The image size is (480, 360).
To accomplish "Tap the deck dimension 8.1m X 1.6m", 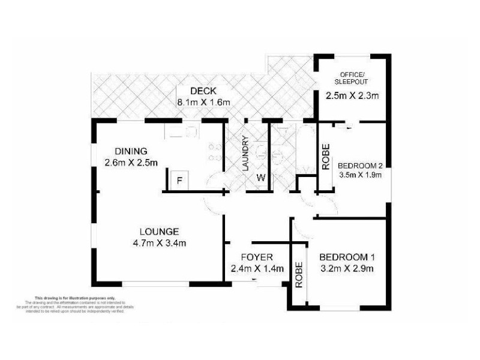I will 203,103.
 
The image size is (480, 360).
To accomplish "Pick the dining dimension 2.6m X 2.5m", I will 131,162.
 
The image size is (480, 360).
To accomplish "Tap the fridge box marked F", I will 178,179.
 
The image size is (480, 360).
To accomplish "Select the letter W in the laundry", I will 261,178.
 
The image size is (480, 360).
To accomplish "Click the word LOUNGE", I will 160,232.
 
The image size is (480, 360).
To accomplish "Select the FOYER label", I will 257,257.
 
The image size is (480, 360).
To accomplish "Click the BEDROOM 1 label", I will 347,256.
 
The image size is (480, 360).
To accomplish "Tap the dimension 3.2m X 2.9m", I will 347,268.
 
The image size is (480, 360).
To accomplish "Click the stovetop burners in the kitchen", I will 214,153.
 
